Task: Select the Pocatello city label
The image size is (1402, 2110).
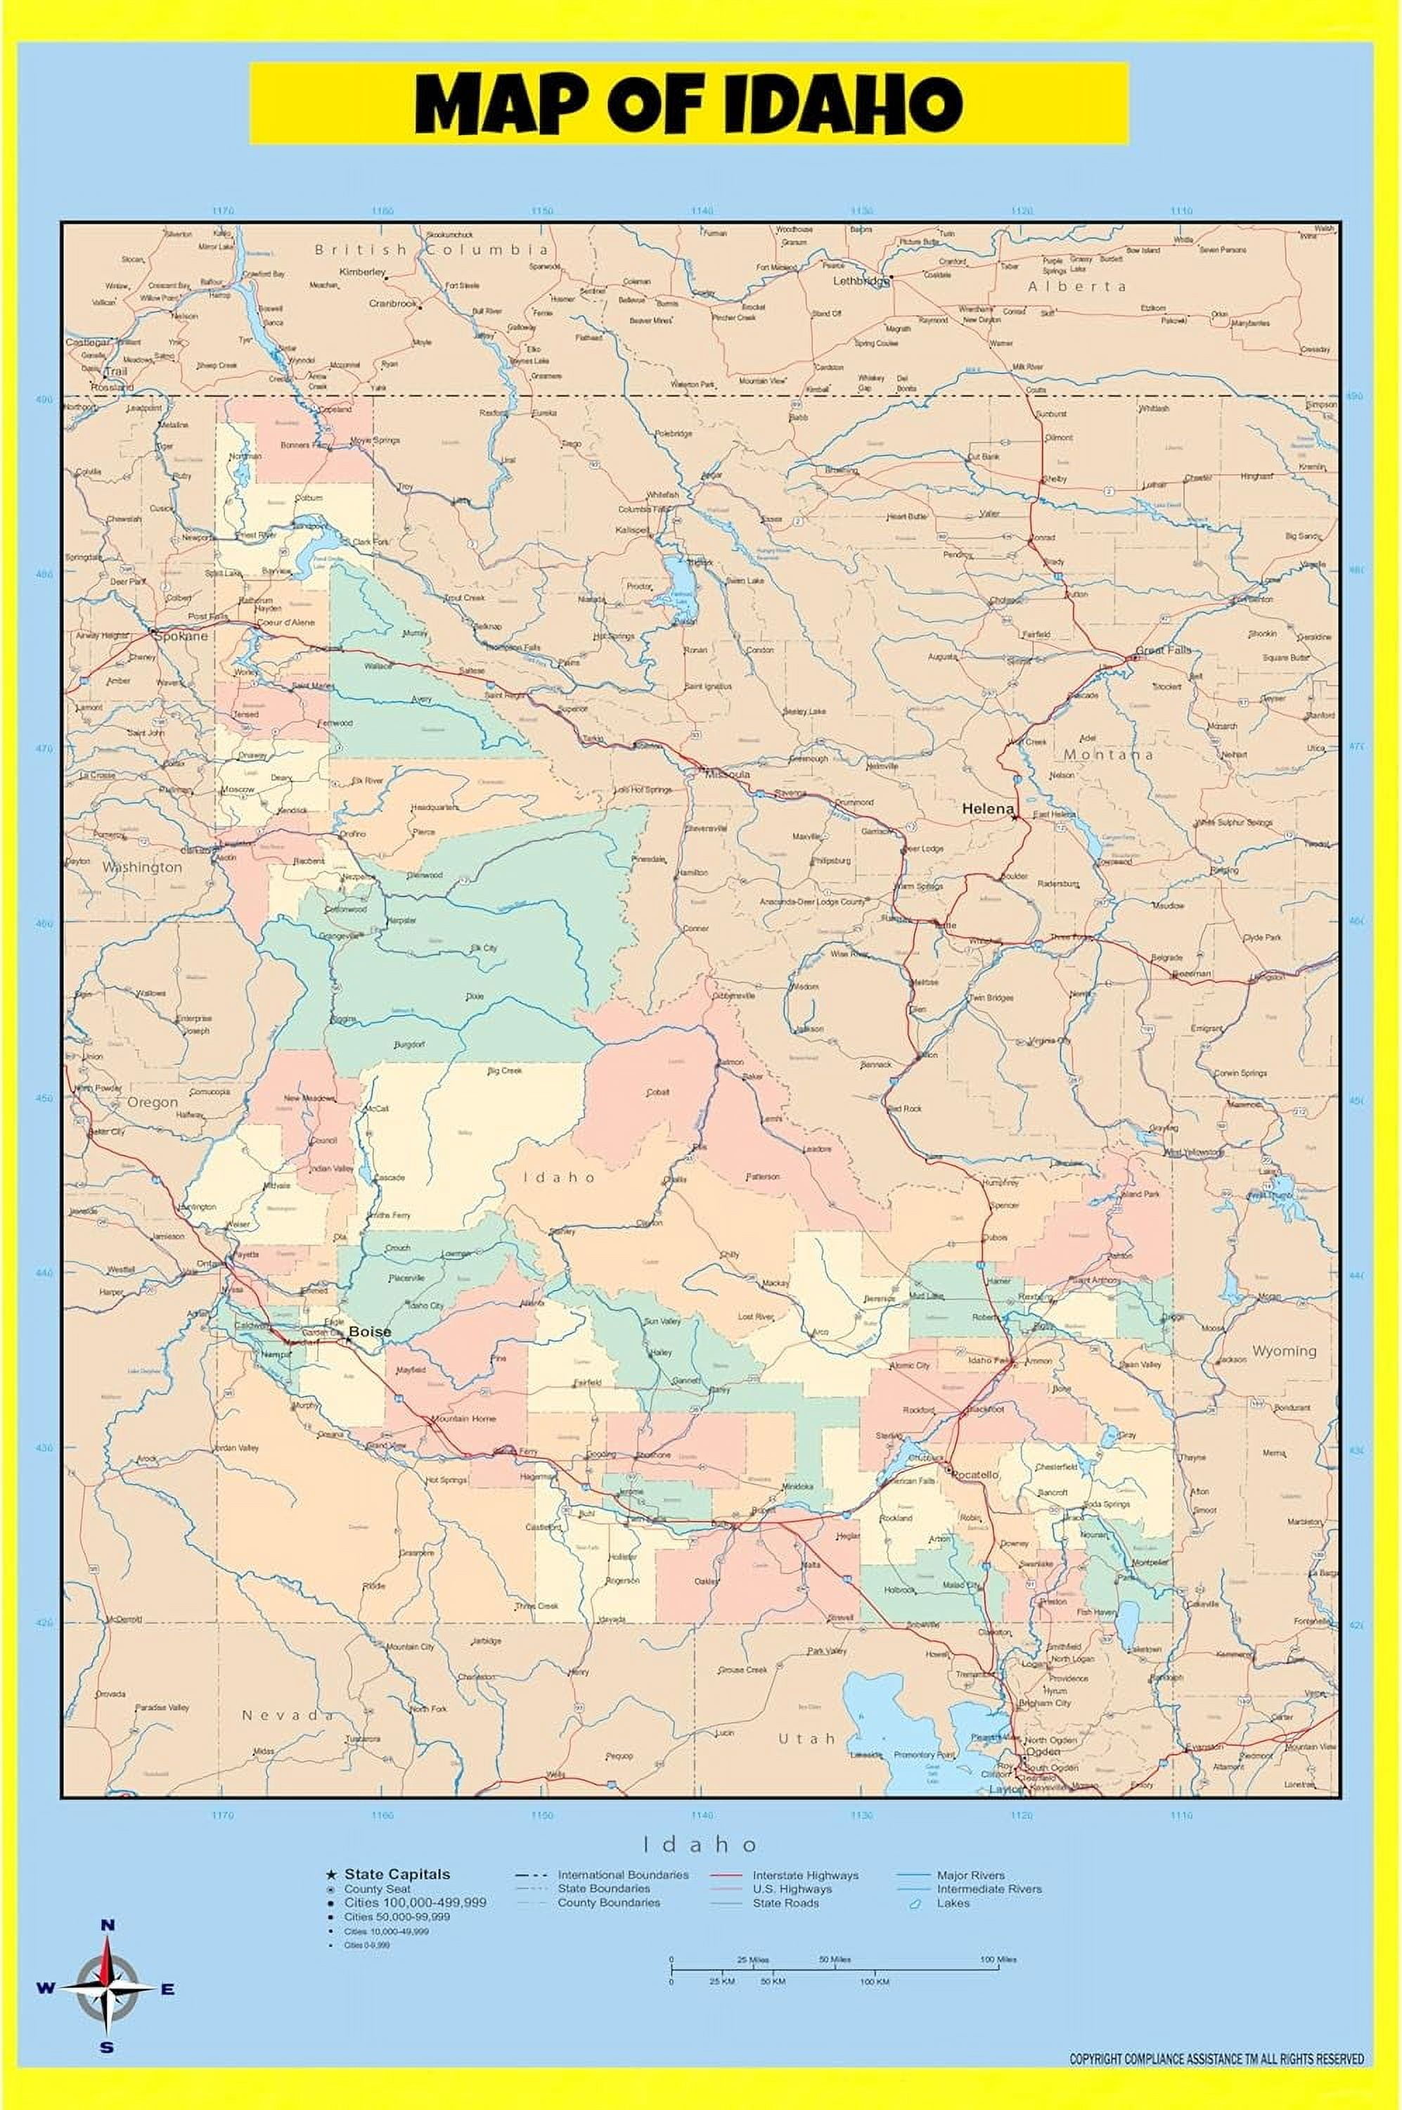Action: coord(975,1474)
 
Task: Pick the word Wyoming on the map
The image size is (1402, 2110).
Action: coord(1283,1350)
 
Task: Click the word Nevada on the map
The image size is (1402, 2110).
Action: coord(287,1715)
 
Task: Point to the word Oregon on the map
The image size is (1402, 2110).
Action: coord(152,1102)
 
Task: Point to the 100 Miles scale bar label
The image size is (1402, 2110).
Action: coord(998,1959)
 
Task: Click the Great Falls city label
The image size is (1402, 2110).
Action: coord(1162,651)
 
